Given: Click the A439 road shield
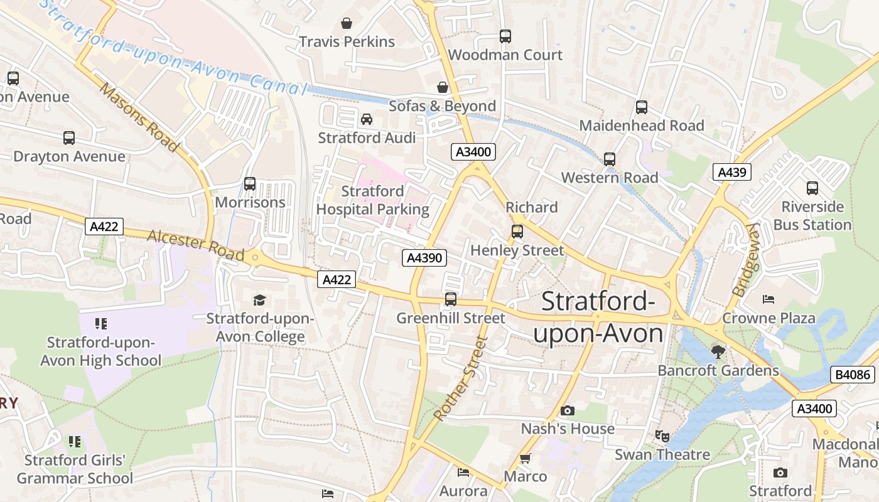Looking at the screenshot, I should [x=732, y=172].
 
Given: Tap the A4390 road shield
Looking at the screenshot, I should [x=424, y=257].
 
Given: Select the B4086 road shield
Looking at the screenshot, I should [x=853, y=375].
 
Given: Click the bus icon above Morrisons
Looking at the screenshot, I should [x=250, y=184].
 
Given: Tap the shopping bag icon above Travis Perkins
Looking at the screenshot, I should [x=347, y=24].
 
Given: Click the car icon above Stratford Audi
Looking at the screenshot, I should [x=367, y=119].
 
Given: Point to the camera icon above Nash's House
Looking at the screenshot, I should [x=568, y=411].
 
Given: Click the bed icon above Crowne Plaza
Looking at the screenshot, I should [x=768, y=299].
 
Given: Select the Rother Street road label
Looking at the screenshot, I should [x=460, y=378].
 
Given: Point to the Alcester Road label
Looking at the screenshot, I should [x=195, y=245].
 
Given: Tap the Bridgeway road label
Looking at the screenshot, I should [x=747, y=260].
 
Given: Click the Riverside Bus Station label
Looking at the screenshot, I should [x=812, y=216].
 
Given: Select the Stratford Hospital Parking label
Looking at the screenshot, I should [x=372, y=200].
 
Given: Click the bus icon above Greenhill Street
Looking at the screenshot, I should [x=451, y=299].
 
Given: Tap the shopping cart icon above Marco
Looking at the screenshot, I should [x=526, y=459].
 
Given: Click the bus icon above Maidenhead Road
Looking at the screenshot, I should [x=642, y=107].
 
